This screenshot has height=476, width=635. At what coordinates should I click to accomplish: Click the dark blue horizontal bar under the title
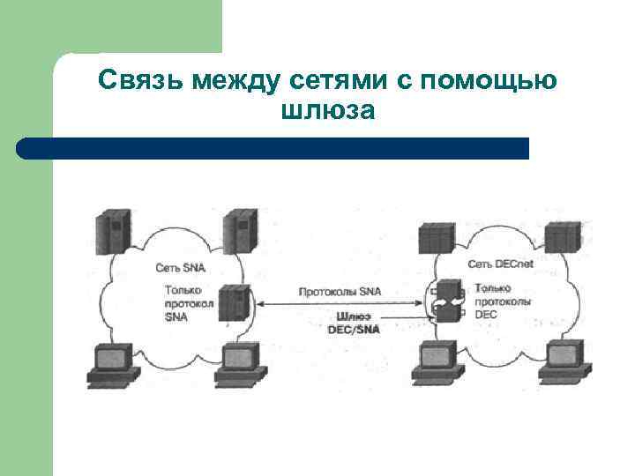[x=273, y=148]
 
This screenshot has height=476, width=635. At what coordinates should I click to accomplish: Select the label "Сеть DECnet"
[x=500, y=264]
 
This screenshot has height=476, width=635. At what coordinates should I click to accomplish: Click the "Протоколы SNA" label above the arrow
[x=340, y=291]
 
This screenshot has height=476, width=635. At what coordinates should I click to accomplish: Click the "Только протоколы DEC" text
[x=503, y=301]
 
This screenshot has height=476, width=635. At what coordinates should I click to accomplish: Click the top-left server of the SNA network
[x=113, y=231]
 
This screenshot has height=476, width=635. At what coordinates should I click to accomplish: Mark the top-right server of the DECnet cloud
[x=563, y=237]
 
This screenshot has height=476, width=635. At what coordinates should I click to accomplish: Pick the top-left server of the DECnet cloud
[x=436, y=238]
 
